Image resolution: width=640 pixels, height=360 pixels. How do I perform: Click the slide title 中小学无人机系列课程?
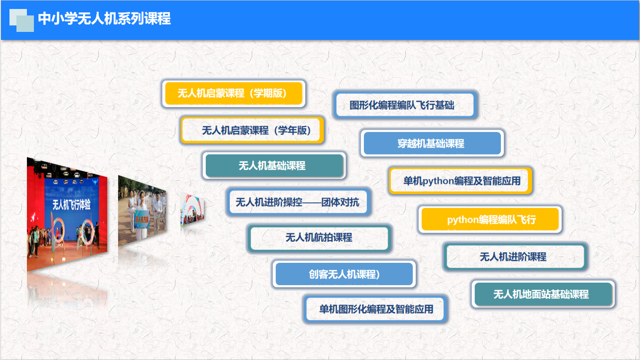(104, 18)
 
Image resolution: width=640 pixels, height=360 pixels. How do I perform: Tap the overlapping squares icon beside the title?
(22, 20)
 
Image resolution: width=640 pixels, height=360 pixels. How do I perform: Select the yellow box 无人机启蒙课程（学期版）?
(234, 93)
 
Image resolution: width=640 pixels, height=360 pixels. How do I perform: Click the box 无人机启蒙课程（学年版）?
(252, 130)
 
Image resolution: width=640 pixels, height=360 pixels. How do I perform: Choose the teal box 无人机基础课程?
(274, 166)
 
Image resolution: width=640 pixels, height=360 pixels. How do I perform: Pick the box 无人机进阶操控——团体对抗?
(298, 202)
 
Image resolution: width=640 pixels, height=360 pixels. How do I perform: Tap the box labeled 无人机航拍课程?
(319, 238)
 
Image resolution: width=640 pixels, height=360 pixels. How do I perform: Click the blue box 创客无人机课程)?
(344, 274)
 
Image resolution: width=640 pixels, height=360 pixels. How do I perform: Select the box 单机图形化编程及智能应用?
(375, 309)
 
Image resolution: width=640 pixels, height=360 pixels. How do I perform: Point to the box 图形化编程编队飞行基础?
(405, 105)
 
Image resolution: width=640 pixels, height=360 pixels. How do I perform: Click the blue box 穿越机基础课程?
(432, 144)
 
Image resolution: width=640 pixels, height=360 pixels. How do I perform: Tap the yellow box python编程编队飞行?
(490, 219)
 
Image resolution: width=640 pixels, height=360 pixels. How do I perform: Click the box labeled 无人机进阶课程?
(515, 257)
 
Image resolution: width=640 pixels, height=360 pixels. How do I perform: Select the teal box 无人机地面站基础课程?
(543, 294)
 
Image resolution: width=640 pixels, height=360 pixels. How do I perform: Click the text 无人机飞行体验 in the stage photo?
(71, 204)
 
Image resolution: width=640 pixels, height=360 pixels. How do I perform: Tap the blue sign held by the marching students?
(142, 219)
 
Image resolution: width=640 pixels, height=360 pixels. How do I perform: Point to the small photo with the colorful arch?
(192, 209)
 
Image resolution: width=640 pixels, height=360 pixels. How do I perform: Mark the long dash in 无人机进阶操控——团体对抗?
(312, 202)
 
